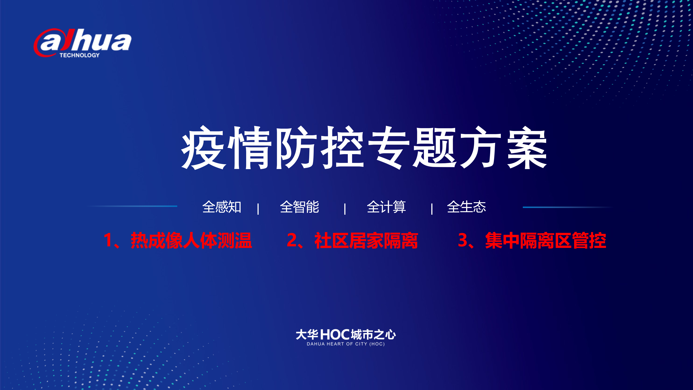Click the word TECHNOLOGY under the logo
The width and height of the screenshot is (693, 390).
[80, 55]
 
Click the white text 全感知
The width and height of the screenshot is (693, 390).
[222, 207]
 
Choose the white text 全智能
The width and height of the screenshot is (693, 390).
[299, 207]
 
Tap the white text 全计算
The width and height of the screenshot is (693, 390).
[386, 207]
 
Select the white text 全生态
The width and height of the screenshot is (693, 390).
[467, 207]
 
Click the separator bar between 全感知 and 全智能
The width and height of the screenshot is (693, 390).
[258, 209]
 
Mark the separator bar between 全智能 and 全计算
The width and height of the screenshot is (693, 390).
[345, 209]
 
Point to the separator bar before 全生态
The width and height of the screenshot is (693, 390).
[432, 209]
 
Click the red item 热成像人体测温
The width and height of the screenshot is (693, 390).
[191, 240]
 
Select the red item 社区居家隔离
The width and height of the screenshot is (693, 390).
[366, 240]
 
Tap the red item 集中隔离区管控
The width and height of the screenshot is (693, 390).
[546, 240]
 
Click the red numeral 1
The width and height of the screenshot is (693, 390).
[108, 240]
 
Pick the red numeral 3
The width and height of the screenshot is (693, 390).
[463, 240]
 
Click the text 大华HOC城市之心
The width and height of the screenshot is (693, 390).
[346, 335]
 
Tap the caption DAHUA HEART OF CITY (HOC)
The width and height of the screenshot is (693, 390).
[346, 344]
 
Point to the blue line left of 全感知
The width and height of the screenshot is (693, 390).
[132, 206]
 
